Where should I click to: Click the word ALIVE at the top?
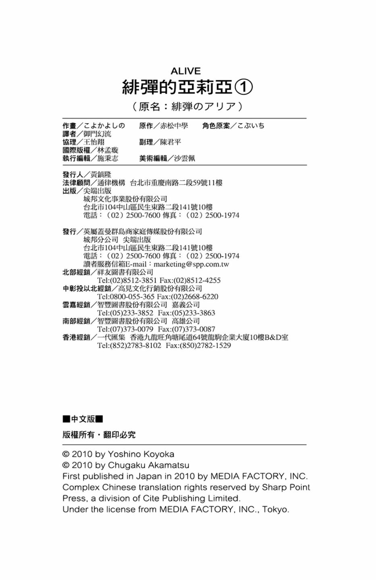click(186, 71)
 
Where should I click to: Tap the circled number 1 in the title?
click(244, 87)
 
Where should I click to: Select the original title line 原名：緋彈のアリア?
click(188, 106)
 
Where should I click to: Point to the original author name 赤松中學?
click(174, 126)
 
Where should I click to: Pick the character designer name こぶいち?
click(251, 126)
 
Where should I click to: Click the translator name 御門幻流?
click(97, 134)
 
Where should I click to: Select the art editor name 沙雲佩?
click(184, 158)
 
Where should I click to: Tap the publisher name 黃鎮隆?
click(100, 174)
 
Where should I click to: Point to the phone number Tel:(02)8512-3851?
click(127, 280)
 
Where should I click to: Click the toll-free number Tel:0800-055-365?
click(126, 297)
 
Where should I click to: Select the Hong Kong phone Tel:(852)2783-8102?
click(129, 346)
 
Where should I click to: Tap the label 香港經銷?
click(76, 338)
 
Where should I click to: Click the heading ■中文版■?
click(83, 419)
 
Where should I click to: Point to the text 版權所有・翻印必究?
click(99, 435)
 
